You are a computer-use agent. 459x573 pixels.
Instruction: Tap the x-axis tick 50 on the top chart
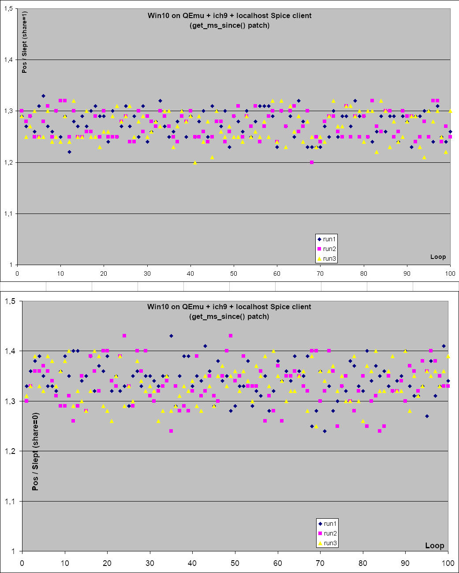click(x=234, y=273)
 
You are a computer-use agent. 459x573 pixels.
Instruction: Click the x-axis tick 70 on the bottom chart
click(x=320, y=563)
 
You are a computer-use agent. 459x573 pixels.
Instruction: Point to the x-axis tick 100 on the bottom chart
click(x=448, y=563)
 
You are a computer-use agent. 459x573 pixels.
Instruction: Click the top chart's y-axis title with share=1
click(x=24, y=44)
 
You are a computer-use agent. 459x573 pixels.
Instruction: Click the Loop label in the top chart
click(x=438, y=257)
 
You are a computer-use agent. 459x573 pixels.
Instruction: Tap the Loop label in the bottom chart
click(x=434, y=546)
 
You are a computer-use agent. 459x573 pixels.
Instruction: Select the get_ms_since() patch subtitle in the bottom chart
click(x=229, y=316)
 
